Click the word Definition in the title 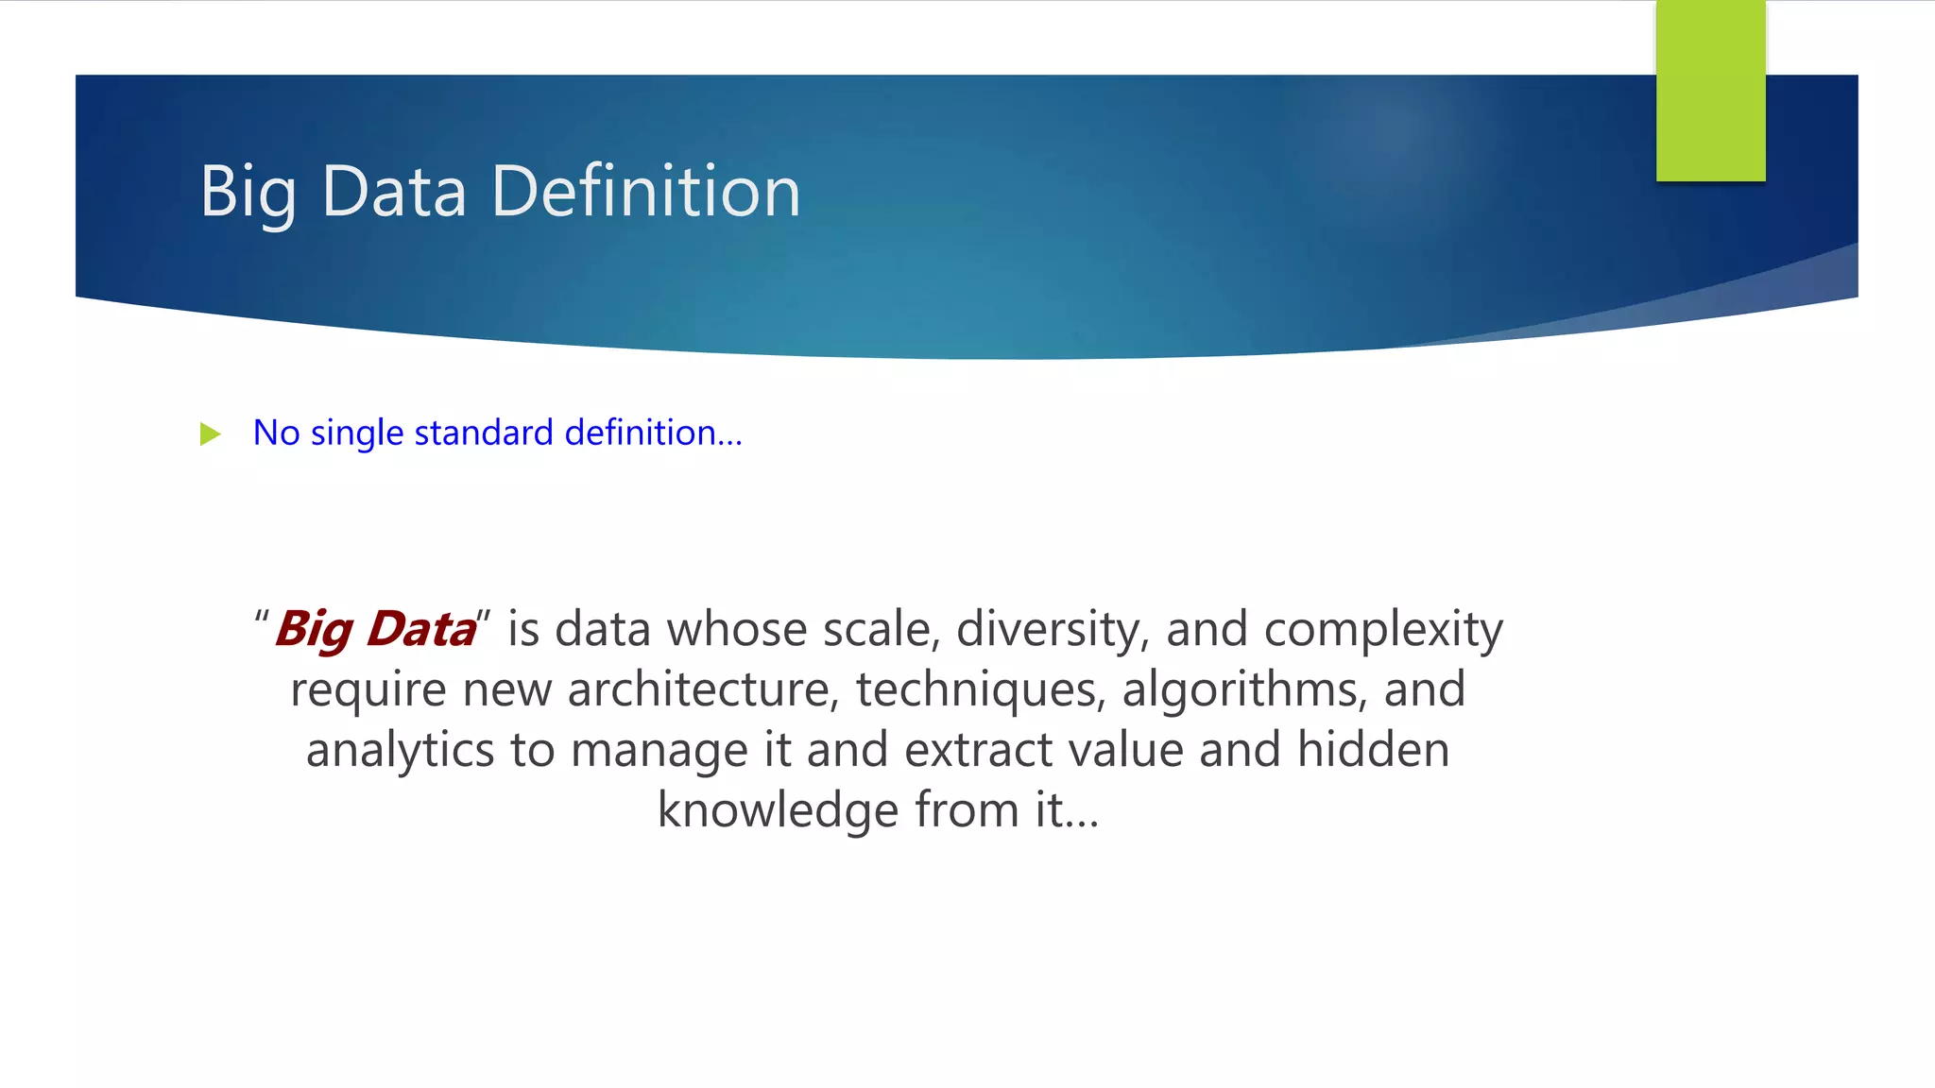[645, 192]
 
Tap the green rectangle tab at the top [1710, 91]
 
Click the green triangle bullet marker [211, 434]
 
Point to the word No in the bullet [276, 433]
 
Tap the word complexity [1382, 630]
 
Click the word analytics [400, 751]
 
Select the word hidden [1373, 750]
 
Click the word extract [978, 751]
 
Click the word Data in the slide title [394, 192]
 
